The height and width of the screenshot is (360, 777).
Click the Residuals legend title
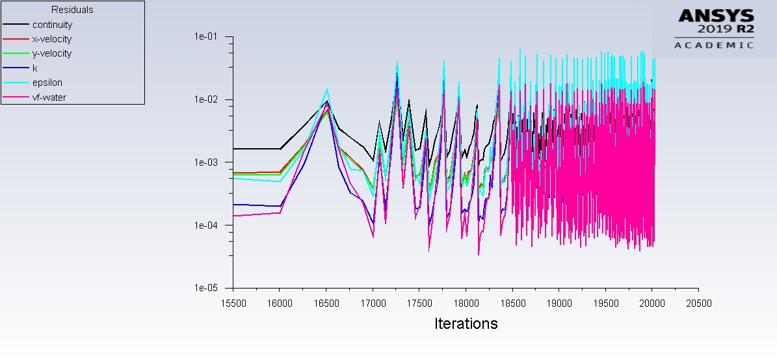pos(72,10)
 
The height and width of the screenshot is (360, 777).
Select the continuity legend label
pos(52,25)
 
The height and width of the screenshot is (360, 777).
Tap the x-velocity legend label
pos(52,39)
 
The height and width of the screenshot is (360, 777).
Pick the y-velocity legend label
pos(52,53)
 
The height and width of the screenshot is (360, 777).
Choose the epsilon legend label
pos(47,83)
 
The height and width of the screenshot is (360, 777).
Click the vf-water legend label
pos(49,97)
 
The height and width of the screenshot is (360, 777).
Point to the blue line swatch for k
pos(16,68)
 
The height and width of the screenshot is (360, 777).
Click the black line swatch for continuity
pos(16,24)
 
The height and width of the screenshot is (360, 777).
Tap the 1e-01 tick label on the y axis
pos(206,36)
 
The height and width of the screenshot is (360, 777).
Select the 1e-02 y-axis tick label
pos(206,99)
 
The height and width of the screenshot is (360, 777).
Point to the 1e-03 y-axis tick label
pos(206,162)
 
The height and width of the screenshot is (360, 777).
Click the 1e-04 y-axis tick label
pos(206,225)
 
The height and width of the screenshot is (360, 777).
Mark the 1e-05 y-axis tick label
pos(206,288)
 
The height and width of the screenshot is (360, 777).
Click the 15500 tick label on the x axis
pos(233,303)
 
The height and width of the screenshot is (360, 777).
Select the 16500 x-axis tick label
pos(326,303)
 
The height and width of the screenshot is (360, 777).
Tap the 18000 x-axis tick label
pos(466,303)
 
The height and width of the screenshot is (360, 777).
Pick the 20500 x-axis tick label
pos(699,303)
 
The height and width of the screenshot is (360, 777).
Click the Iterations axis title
pos(466,324)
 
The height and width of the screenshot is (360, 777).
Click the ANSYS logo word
pos(716,16)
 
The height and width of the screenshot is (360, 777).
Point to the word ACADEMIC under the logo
pos(714,45)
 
